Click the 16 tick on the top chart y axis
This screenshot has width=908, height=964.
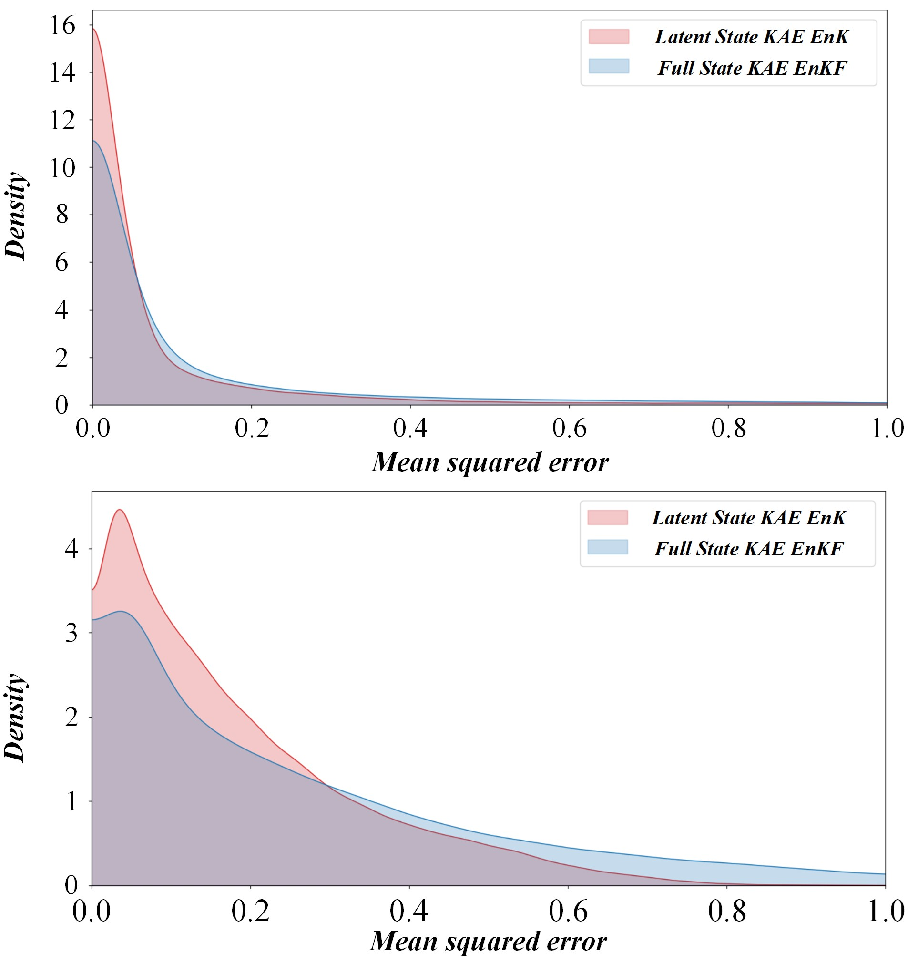[62, 25]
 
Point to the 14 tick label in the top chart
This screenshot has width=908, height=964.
[62, 73]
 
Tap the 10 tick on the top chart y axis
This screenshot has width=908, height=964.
[62, 168]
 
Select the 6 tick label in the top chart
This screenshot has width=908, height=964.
[61, 263]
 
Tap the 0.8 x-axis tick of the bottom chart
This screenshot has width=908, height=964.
[727, 911]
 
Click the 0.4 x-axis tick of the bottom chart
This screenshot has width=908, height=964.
[409, 911]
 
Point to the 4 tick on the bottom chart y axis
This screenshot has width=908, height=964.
[71, 549]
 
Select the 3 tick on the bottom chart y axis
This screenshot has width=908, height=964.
[71, 633]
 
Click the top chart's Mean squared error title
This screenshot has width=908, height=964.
[490, 462]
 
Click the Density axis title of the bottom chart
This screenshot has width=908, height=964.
[15, 718]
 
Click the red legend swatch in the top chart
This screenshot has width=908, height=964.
[608, 37]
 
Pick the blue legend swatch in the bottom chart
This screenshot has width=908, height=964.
[607, 547]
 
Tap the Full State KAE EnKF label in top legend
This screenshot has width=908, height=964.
[752, 68]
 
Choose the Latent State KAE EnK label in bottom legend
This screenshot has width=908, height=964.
[749, 518]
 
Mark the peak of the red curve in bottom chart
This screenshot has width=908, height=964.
[119, 510]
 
